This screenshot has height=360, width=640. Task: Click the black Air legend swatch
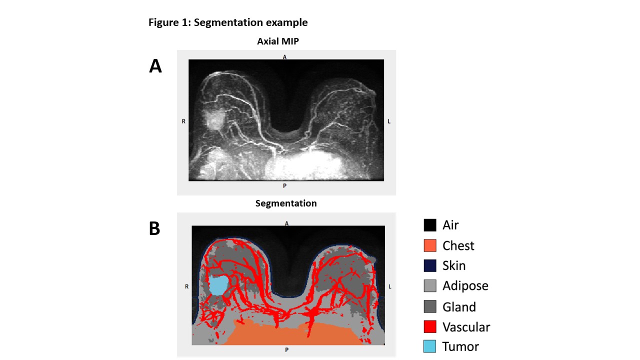coord(430,225)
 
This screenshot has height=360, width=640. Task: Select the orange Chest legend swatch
coord(430,245)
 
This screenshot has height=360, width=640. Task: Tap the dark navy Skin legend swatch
coord(430,265)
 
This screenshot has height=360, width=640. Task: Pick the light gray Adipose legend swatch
coord(430,286)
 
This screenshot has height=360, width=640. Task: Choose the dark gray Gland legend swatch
coord(430,306)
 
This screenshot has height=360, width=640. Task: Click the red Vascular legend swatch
coord(430,327)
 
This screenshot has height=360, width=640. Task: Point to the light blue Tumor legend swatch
coord(430,346)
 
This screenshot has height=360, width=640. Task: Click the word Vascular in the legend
coord(466,327)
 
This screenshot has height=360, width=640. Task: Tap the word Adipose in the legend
coord(465,286)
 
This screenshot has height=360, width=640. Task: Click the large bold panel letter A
coord(155,66)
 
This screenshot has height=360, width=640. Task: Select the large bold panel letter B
coord(155,228)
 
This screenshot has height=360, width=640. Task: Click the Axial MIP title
coord(278,41)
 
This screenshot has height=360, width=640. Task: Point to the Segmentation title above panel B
coord(286,203)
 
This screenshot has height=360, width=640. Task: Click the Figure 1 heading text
coord(228,22)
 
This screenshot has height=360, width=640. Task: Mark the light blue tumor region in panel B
coord(217,285)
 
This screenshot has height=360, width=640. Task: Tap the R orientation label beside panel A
coord(183,121)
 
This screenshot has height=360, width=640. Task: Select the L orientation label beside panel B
coord(390,286)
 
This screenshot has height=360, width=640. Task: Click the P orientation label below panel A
coord(285,186)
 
